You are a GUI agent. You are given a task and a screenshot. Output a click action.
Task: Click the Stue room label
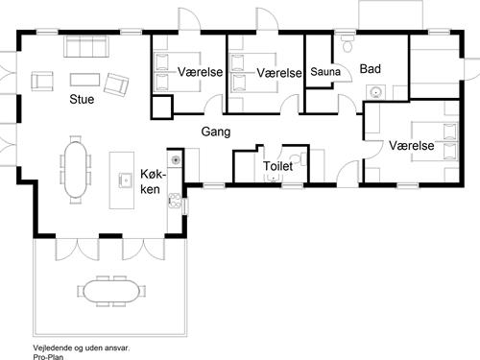coord(81,100)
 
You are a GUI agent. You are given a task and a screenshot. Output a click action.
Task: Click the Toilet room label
coord(278,166)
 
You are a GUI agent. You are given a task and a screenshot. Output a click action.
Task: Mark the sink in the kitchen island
coord(125,178)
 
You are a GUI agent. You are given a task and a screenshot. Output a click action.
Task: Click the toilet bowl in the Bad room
coord(348,43)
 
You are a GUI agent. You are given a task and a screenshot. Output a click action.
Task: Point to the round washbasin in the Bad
coord(377,93)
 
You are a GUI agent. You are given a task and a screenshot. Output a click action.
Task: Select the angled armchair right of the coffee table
coord(117,84)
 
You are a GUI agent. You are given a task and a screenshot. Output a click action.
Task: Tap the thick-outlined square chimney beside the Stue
coord(161,108)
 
